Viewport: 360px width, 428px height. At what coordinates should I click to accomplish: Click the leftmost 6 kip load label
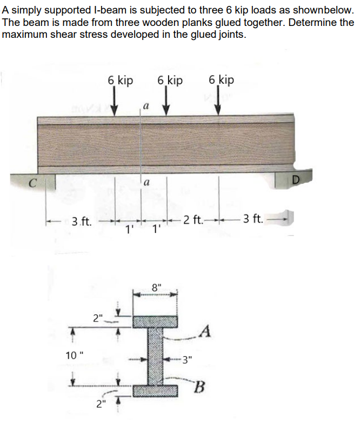[x=120, y=80]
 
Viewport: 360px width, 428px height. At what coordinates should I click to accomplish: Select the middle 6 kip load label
[x=170, y=80]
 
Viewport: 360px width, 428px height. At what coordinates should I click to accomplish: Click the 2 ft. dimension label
[x=193, y=219]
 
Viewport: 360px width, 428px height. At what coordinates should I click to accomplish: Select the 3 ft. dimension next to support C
[x=82, y=220]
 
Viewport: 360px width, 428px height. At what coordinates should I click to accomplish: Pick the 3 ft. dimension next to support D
[x=253, y=219]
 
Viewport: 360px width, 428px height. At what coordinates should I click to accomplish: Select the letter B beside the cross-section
[x=200, y=386]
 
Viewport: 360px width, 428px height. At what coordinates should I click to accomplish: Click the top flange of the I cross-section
[x=156, y=321]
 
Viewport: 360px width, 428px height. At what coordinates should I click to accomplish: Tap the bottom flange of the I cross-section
[x=156, y=391]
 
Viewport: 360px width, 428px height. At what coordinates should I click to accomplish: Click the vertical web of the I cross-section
[x=156, y=356]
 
